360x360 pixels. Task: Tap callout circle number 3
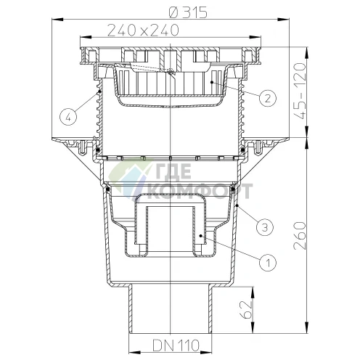(x=266, y=226)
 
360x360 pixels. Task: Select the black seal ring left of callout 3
(x=233, y=189)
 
